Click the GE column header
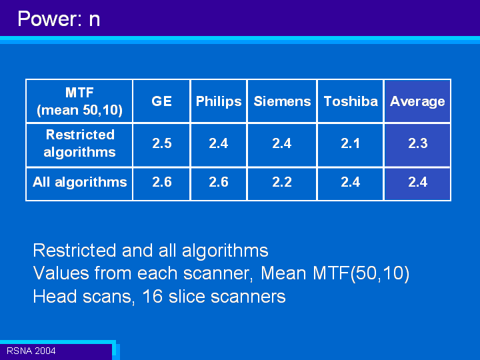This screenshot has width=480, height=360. pos(161,101)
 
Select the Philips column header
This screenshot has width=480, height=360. pos(219,101)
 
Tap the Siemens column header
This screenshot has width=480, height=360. pos(282,101)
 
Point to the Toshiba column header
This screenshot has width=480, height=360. pos(351,101)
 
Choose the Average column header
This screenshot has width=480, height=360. pos(417,102)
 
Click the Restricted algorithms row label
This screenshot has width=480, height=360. pos(79,143)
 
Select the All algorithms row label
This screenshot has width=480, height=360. pos(79,182)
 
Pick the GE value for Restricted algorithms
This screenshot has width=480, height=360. pos(162,143)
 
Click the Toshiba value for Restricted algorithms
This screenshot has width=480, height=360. pos(351,143)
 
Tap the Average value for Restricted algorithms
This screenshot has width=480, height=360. pos(418,143)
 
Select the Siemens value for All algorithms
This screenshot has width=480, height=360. pos(282,182)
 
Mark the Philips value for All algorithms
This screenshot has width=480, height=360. pos(219,182)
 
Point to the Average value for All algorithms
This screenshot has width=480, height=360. pos(418,182)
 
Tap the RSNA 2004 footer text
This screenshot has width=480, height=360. pos(31,351)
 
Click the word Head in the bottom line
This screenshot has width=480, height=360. pos(55,296)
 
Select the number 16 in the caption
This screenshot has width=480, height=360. pos(153,296)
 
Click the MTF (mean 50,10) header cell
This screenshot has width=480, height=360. pos(79,101)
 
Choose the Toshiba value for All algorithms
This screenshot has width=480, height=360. pos(351,182)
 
